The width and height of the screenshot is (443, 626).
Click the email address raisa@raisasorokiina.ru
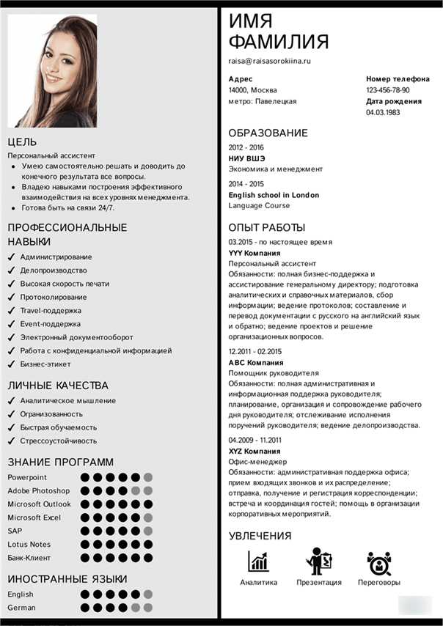pos(270,61)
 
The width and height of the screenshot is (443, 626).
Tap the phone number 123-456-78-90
pos(388,90)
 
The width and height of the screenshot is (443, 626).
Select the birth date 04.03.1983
pos(383,113)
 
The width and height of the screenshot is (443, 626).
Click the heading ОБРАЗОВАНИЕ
pos(268,133)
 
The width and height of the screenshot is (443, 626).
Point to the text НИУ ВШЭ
pos(246,158)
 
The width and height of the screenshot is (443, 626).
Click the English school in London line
pos(274,195)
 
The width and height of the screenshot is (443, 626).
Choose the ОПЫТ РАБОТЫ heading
pos(266,227)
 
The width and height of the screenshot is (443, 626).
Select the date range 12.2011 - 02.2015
pos(255,351)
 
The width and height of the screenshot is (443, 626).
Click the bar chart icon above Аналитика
pos(258,561)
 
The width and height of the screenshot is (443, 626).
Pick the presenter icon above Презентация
pos(318,561)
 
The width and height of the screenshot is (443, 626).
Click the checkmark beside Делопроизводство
pos(12,270)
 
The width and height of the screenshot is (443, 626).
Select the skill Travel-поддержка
pos(51,310)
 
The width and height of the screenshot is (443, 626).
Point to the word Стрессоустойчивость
pos(59,441)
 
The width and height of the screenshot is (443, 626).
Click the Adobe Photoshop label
pos(38,490)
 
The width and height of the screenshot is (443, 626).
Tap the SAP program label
pos(15,530)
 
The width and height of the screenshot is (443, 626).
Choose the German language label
pos(21,608)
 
